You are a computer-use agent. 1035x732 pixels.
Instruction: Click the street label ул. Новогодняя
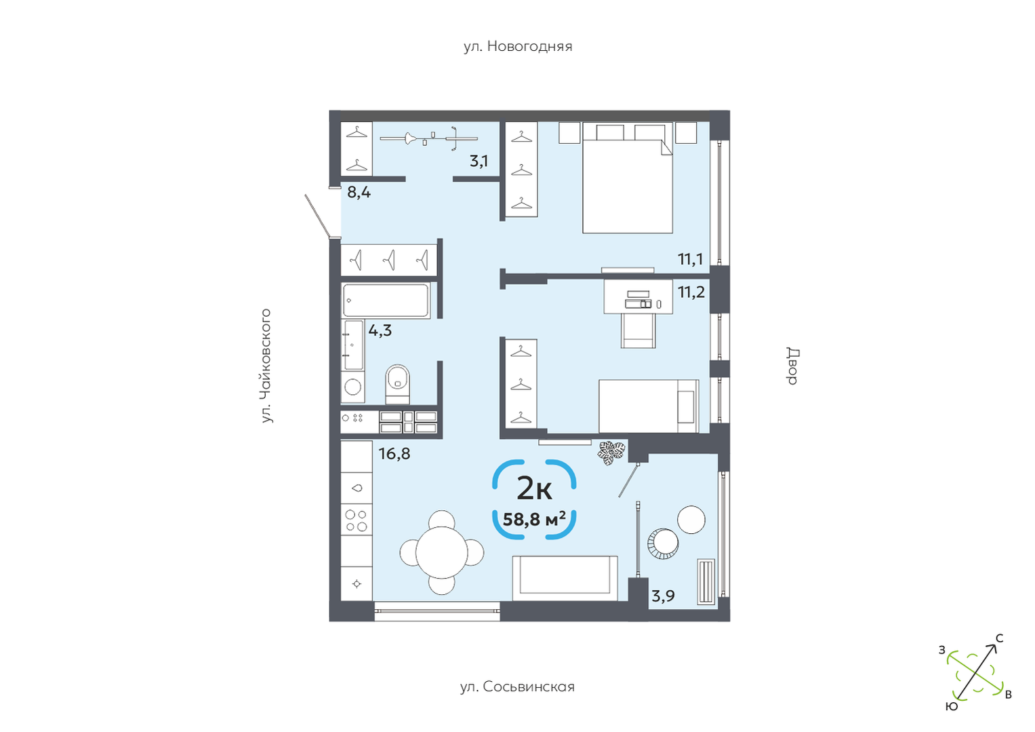(x=518, y=46)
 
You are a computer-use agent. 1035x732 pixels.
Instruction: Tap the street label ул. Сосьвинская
(x=518, y=687)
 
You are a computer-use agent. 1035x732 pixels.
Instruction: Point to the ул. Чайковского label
(x=266, y=366)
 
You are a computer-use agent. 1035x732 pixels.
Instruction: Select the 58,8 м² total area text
(x=534, y=519)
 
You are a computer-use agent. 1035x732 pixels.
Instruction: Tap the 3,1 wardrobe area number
(x=479, y=161)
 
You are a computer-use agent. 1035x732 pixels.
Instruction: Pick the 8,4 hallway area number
(x=359, y=192)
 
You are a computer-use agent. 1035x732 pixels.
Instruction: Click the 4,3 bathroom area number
(x=380, y=330)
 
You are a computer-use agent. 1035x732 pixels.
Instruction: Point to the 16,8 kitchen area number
(x=394, y=454)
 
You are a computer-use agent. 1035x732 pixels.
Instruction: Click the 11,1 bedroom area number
(x=690, y=259)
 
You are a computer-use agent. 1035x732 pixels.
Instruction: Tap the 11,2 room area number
(x=691, y=292)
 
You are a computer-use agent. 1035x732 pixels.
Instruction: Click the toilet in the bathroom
(x=397, y=384)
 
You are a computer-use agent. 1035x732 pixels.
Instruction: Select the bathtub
(x=386, y=300)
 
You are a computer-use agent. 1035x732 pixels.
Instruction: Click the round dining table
(x=442, y=552)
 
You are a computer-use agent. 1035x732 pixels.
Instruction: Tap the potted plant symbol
(x=611, y=452)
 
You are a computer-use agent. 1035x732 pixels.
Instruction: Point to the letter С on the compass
(x=1000, y=638)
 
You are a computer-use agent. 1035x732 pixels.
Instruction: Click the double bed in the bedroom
(x=627, y=178)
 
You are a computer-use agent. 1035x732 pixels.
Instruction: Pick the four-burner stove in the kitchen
(x=357, y=520)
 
